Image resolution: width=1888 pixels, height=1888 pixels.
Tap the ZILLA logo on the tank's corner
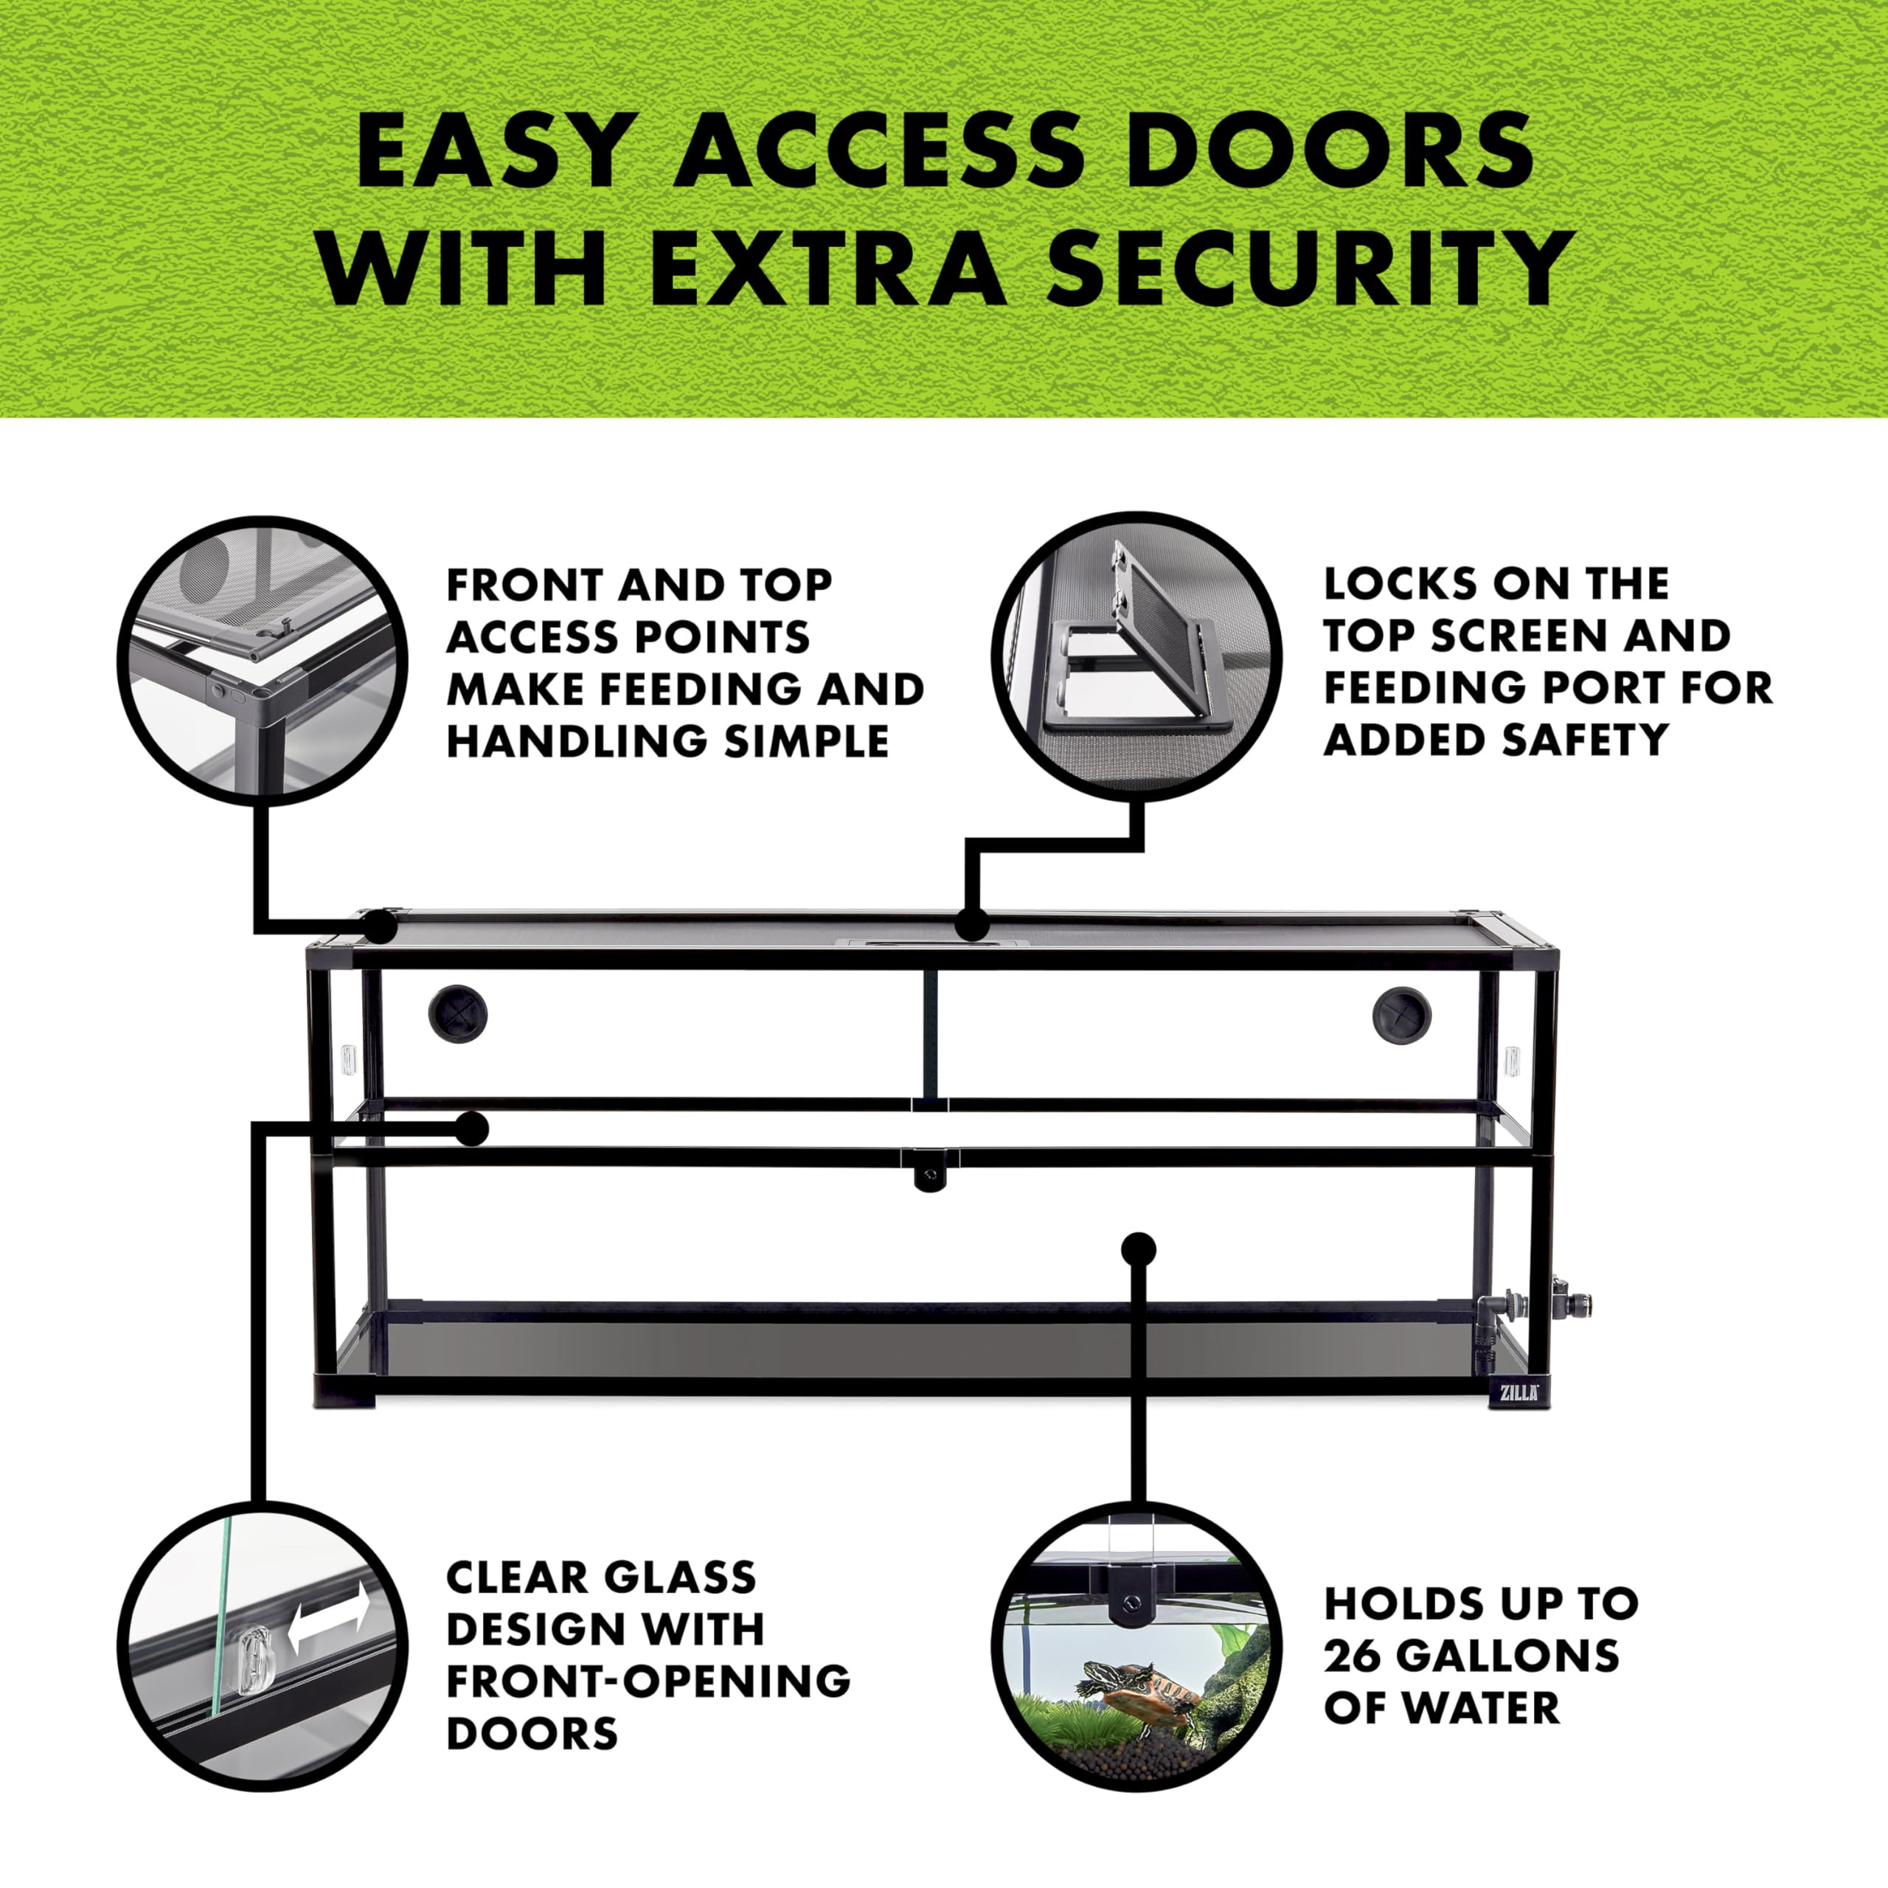click(1519, 1392)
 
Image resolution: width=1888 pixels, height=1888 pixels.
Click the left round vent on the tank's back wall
click(457, 1013)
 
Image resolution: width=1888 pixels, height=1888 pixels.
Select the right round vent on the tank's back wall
click(1401, 1014)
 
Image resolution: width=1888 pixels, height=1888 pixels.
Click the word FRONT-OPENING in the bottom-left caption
click(648, 1681)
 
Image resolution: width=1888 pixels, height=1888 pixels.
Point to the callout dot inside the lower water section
click(1139, 1249)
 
